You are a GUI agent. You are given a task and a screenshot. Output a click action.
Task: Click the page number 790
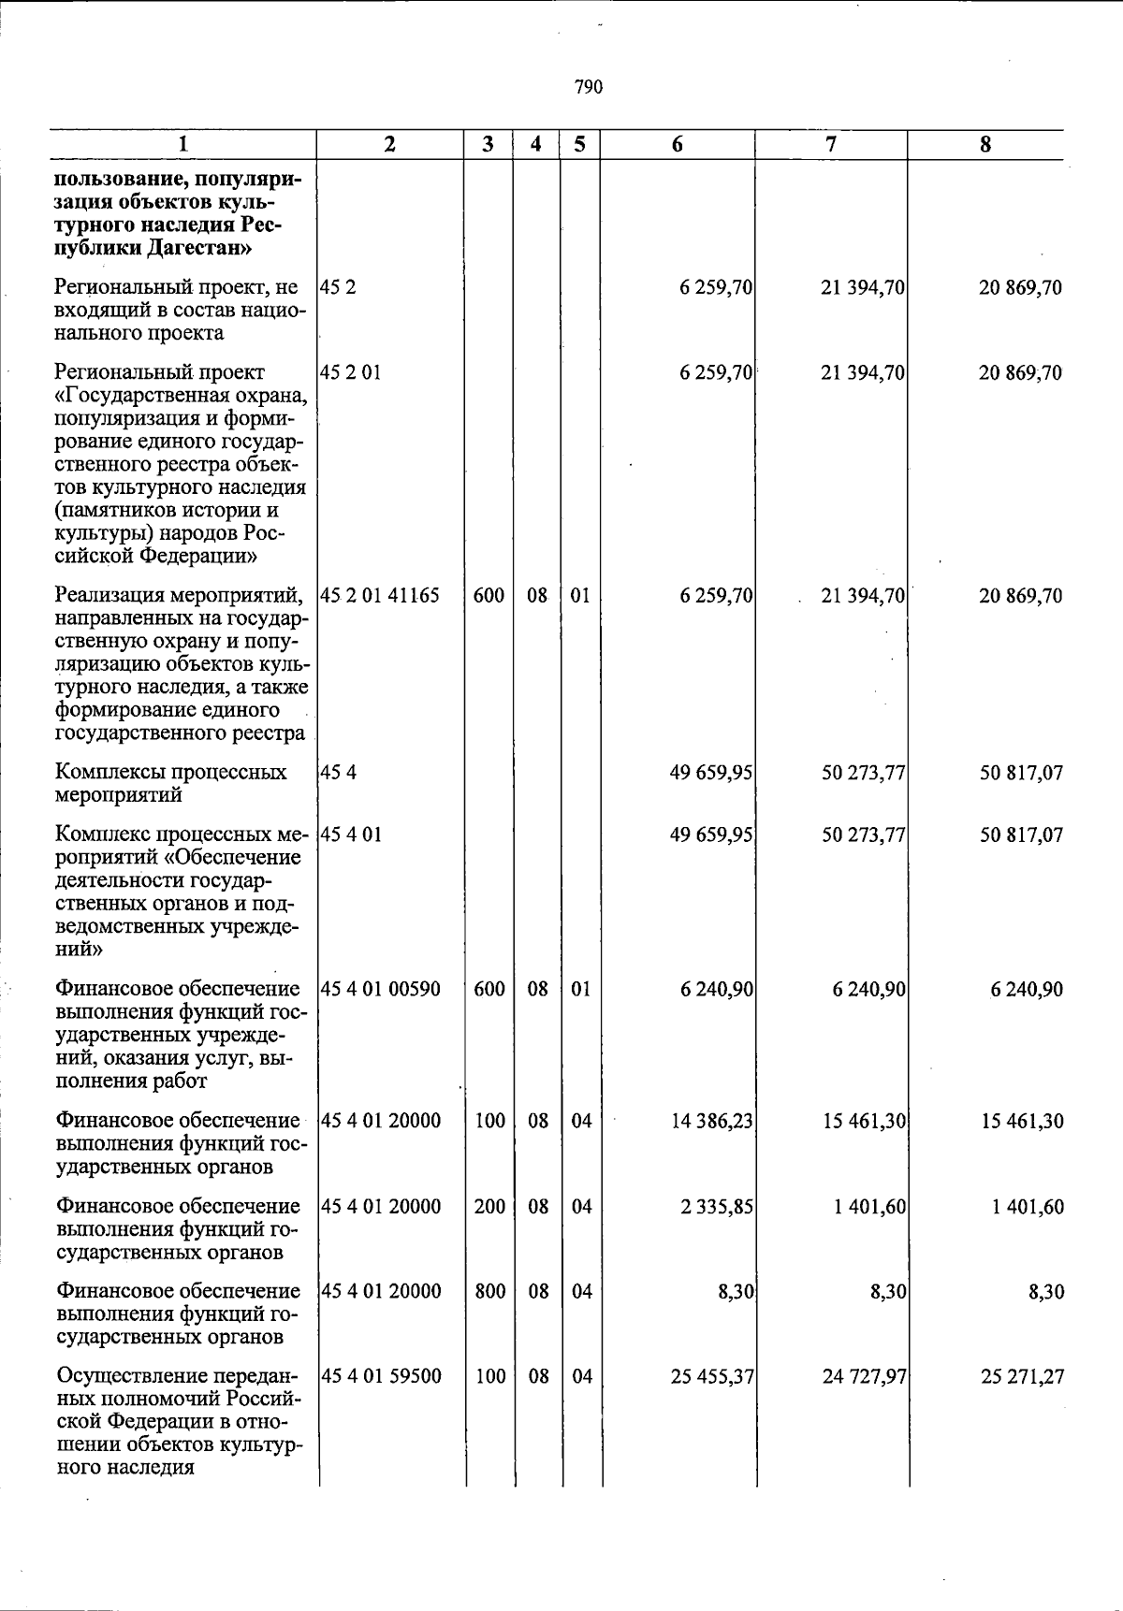tap(589, 87)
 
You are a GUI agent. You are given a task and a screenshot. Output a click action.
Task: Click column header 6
tap(677, 144)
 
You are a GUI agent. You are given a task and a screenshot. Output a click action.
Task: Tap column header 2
tap(389, 144)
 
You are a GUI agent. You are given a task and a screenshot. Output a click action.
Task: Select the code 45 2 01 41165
tap(379, 595)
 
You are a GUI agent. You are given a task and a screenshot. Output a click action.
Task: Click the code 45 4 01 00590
tap(380, 989)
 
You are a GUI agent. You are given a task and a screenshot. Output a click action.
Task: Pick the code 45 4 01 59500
tap(380, 1376)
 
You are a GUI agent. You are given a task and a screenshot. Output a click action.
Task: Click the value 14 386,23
tap(712, 1121)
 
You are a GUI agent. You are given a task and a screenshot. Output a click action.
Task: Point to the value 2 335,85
tap(717, 1206)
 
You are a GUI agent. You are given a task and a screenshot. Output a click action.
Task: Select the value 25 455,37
tap(712, 1376)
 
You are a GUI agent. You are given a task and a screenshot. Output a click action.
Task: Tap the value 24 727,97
tap(864, 1376)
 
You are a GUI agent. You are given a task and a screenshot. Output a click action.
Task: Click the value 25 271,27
tap(1021, 1376)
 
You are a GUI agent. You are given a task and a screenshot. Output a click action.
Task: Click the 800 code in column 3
tap(489, 1291)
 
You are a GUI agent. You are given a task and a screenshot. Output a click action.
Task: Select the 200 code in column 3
tap(489, 1206)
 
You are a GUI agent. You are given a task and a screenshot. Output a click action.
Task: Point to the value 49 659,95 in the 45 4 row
tap(712, 773)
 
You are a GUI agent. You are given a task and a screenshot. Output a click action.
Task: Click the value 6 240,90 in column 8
tap(1027, 989)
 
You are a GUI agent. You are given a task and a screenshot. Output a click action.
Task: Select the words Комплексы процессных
tap(170, 773)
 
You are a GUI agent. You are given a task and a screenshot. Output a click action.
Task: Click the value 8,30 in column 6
tap(737, 1291)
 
